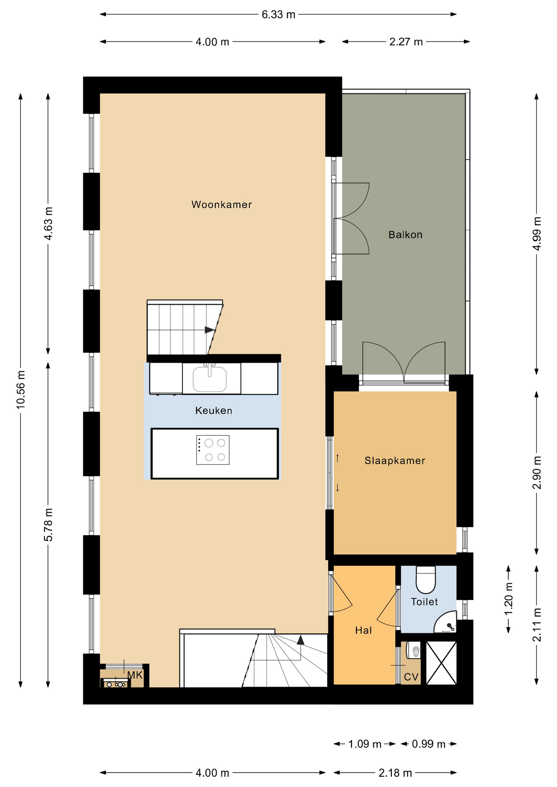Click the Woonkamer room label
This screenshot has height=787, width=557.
[x=221, y=205]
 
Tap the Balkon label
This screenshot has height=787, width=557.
[x=405, y=235]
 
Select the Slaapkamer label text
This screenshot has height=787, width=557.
[x=395, y=461]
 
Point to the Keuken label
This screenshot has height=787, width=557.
[x=214, y=411]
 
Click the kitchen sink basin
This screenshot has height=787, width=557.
[x=210, y=379]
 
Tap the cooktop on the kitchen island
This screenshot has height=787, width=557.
[x=213, y=450]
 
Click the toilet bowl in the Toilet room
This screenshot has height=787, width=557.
[x=426, y=580]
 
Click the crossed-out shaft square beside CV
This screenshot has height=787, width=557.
[x=441, y=663]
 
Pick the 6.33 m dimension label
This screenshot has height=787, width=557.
[x=278, y=15]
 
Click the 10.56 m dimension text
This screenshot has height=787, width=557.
[x=21, y=389]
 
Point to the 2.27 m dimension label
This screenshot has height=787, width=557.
[x=406, y=42]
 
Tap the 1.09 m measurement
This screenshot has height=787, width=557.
[x=365, y=744]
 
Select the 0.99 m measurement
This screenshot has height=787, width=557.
[x=429, y=744]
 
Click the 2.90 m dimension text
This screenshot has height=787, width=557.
[x=537, y=472]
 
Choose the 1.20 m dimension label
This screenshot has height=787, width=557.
[x=509, y=599]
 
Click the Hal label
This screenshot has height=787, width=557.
[x=363, y=630]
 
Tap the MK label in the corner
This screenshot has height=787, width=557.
[x=135, y=675]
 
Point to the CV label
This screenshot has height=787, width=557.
[x=411, y=677]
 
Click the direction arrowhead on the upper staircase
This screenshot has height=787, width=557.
[x=210, y=330]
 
